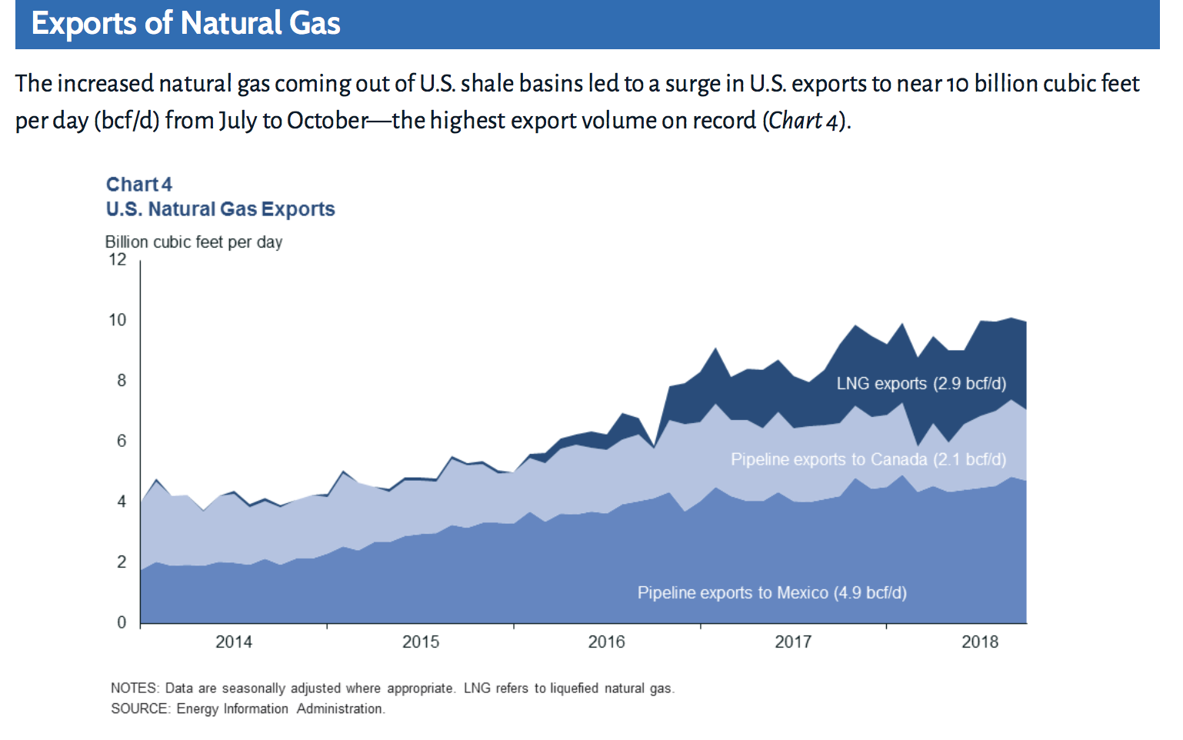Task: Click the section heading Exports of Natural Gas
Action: pyautogui.click(x=185, y=24)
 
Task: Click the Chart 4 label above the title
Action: pyautogui.click(x=138, y=185)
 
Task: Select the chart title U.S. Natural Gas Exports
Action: pyautogui.click(x=220, y=209)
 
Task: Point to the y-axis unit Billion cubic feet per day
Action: pyautogui.click(x=193, y=242)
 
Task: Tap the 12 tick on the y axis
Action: pyautogui.click(x=117, y=260)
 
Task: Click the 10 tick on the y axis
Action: pyautogui.click(x=117, y=320)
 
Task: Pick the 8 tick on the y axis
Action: pyautogui.click(x=121, y=381)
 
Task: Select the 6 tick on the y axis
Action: pyautogui.click(x=121, y=442)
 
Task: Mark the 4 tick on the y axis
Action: pyautogui.click(x=121, y=502)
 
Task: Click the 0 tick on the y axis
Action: pyautogui.click(x=121, y=622)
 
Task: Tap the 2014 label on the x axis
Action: pyautogui.click(x=233, y=642)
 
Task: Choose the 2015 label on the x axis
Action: pyautogui.click(x=420, y=642)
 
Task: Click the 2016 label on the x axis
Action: pyautogui.click(x=606, y=642)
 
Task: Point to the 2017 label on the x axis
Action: pyautogui.click(x=792, y=642)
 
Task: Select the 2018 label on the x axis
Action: pyautogui.click(x=979, y=642)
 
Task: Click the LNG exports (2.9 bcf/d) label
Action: pyautogui.click(x=921, y=384)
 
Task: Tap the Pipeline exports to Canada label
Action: pyautogui.click(x=868, y=460)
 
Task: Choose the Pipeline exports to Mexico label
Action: pyautogui.click(x=771, y=593)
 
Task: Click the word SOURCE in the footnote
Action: pyautogui.click(x=138, y=709)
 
